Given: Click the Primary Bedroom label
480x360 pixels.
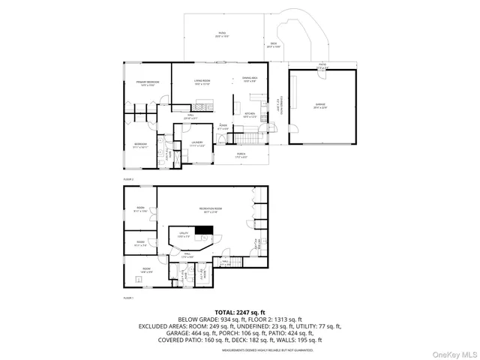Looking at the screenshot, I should click(147, 82).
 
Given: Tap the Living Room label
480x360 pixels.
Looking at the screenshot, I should click(202, 81).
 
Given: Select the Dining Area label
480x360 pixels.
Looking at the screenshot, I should click(250, 79).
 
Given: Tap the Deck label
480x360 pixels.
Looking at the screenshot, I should click(275, 45).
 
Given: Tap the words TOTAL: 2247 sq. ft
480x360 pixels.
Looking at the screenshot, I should click(240, 311).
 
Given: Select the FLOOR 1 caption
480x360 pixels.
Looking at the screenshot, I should click(127, 298).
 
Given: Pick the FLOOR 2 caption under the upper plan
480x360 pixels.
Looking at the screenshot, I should click(127, 180).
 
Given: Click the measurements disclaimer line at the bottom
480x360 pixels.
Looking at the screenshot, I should click(240, 349).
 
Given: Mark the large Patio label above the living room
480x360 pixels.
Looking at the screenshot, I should click(221, 34).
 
